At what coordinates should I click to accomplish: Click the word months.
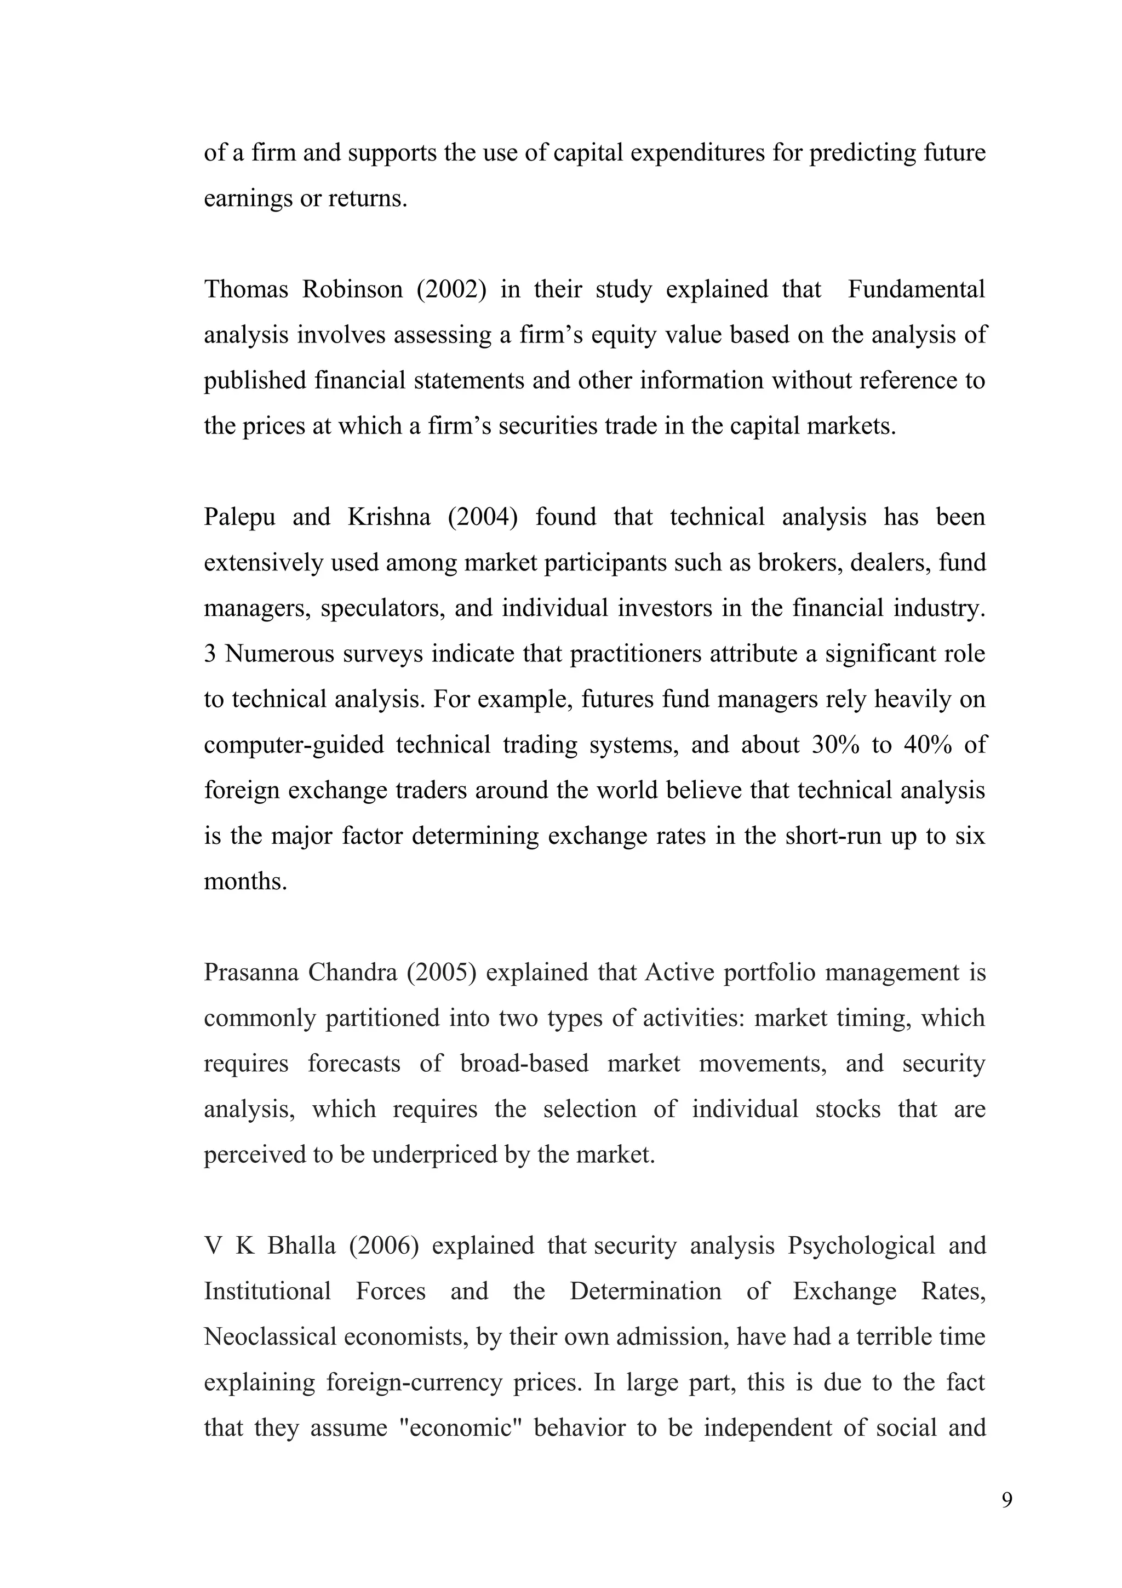click(x=245, y=881)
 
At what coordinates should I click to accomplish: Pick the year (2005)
click(x=441, y=973)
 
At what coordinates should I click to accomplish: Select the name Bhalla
click(x=301, y=1246)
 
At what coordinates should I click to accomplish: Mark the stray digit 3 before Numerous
click(x=209, y=654)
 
